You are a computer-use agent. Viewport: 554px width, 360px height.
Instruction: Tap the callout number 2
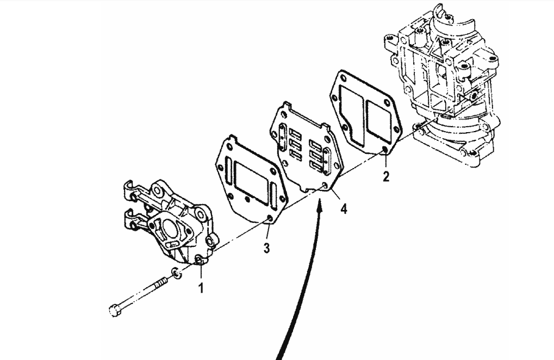[x=386, y=177]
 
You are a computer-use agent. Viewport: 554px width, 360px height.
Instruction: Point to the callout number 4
[x=344, y=209]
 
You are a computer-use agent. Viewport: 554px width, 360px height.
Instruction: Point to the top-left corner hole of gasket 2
[x=340, y=82]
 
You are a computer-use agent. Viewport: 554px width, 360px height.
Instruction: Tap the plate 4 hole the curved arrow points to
[x=325, y=187]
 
